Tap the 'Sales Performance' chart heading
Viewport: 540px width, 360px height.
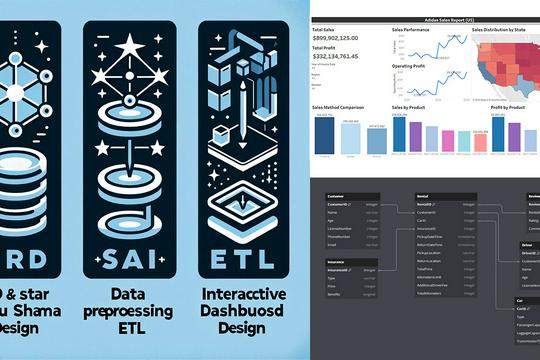click(x=408, y=31)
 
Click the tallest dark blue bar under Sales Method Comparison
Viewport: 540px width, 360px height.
click(x=324, y=136)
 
